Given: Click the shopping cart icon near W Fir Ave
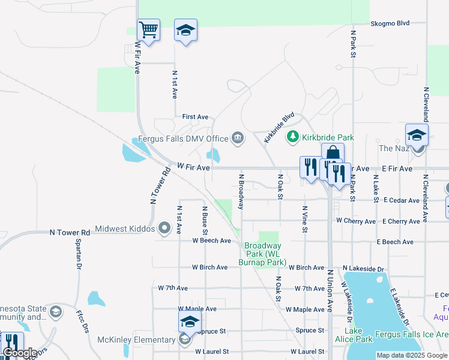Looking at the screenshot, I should click(x=148, y=29).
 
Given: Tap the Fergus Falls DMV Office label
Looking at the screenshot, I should click(x=183, y=139).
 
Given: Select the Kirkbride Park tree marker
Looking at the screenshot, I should click(x=293, y=137).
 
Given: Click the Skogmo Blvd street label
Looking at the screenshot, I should click(x=390, y=23).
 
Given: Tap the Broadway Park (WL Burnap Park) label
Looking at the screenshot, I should click(x=262, y=254).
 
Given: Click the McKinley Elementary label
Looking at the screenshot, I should click(x=136, y=340).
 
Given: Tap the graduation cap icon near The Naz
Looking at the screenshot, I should click(x=416, y=135).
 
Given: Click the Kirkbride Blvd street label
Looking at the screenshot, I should click(x=279, y=127).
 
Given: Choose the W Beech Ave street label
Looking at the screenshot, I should click(x=211, y=241).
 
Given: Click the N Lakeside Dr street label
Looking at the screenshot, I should click(x=363, y=268).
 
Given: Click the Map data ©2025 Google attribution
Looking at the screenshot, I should click(x=411, y=355).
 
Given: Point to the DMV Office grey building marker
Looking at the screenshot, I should click(x=238, y=139).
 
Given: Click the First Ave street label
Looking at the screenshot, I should click(x=195, y=116).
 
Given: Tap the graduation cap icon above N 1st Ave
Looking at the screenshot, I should click(x=185, y=29).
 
